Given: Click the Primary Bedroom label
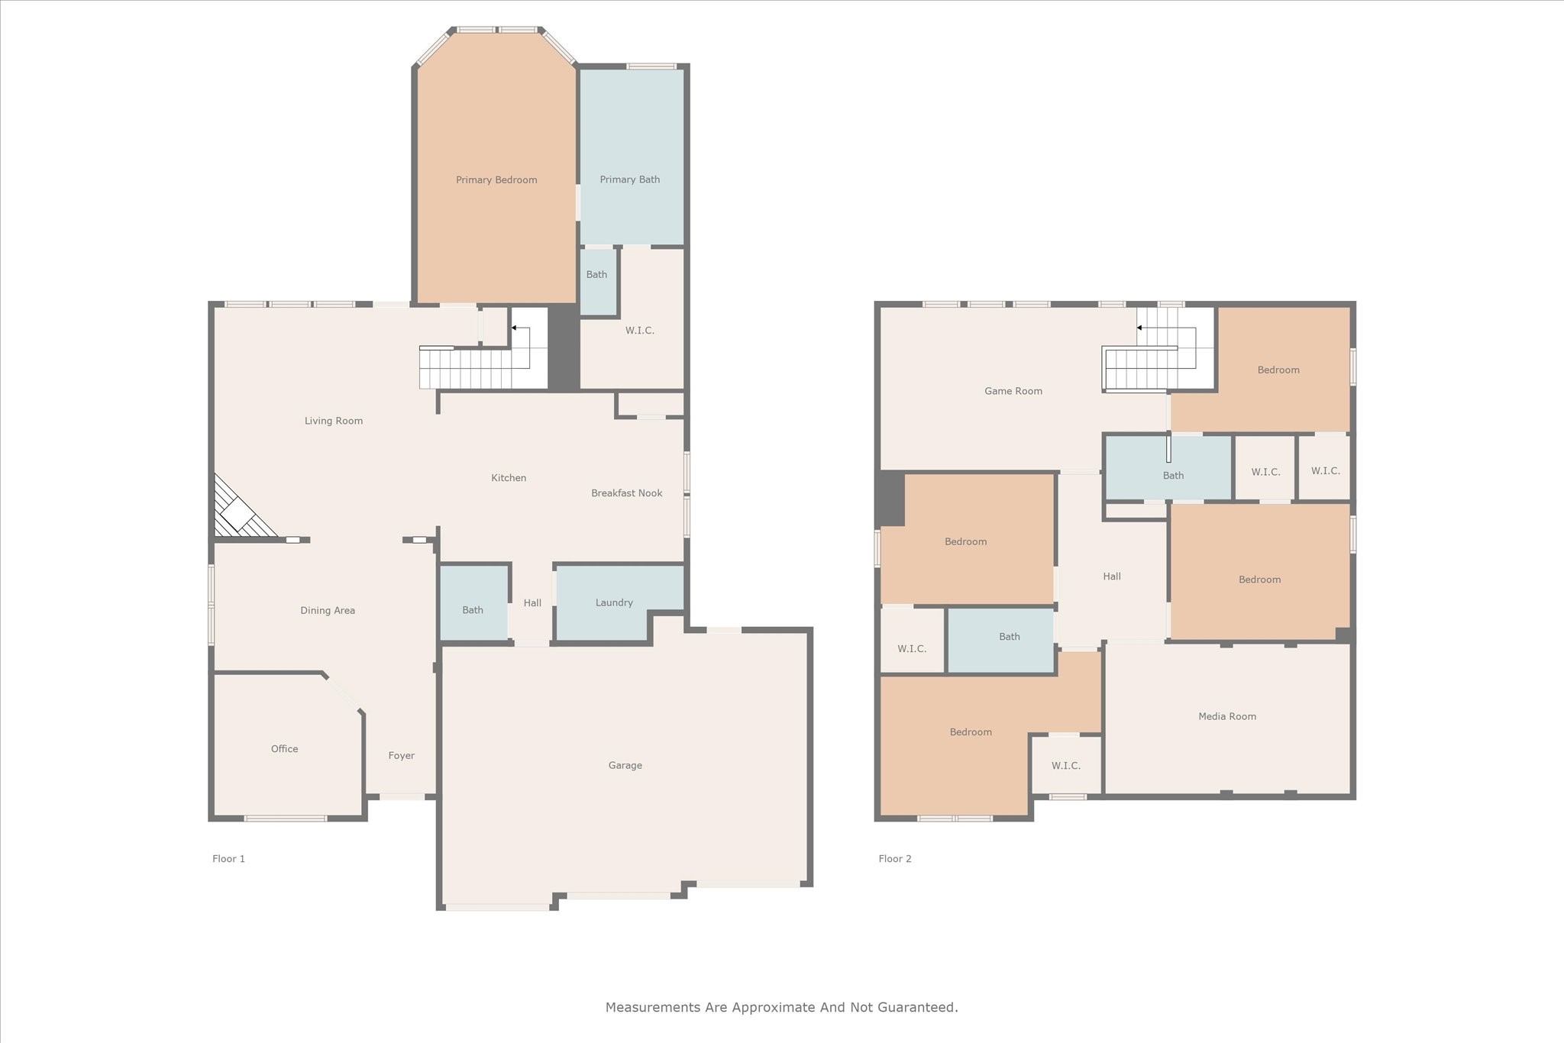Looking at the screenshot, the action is [x=496, y=180].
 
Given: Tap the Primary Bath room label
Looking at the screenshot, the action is [x=630, y=180].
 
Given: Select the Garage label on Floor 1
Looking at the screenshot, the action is [x=625, y=766].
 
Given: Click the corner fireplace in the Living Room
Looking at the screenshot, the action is [x=243, y=507].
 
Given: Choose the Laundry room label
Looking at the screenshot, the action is [x=615, y=603].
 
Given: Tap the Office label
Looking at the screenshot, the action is [x=285, y=749].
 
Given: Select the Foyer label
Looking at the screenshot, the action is [x=402, y=756].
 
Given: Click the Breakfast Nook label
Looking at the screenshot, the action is [x=627, y=493].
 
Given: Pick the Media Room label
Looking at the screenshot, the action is [x=1227, y=716].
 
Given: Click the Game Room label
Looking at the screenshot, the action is [x=1013, y=391].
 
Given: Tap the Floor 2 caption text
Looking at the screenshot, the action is [x=895, y=859].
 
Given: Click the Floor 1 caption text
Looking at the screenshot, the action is [x=229, y=859].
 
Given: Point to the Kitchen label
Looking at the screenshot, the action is [x=509, y=478].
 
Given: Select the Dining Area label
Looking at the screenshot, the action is [x=328, y=611].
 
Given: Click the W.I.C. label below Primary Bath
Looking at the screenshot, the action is [x=640, y=331].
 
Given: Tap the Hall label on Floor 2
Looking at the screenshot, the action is [x=1112, y=576].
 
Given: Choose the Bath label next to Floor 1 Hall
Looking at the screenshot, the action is [x=473, y=610].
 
